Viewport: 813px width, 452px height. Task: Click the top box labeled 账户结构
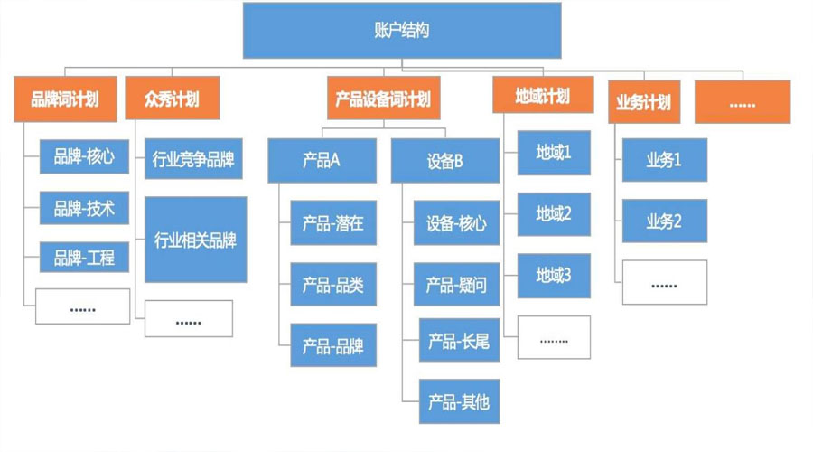click(x=401, y=31)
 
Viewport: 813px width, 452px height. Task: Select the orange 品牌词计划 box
click(x=65, y=99)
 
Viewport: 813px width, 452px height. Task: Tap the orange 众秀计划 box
click(x=172, y=99)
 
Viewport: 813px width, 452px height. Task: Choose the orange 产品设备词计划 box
click(x=383, y=99)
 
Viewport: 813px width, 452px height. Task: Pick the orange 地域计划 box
click(x=542, y=95)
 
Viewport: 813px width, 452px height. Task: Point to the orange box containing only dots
click(x=742, y=102)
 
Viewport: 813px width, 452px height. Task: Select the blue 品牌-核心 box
click(x=84, y=156)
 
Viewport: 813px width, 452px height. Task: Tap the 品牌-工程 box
click(x=84, y=258)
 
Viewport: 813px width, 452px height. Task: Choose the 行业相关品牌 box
click(x=195, y=240)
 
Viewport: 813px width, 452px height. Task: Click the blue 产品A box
click(x=321, y=162)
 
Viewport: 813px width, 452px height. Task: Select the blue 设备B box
click(x=444, y=162)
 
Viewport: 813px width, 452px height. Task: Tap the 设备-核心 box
click(x=456, y=223)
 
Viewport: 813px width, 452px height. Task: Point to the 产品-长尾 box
click(x=459, y=340)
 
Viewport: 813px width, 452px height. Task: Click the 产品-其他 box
click(x=459, y=401)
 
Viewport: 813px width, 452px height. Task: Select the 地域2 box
click(x=554, y=214)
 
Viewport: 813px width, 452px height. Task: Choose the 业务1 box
click(x=664, y=160)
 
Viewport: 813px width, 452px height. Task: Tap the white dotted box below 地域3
click(x=554, y=338)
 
